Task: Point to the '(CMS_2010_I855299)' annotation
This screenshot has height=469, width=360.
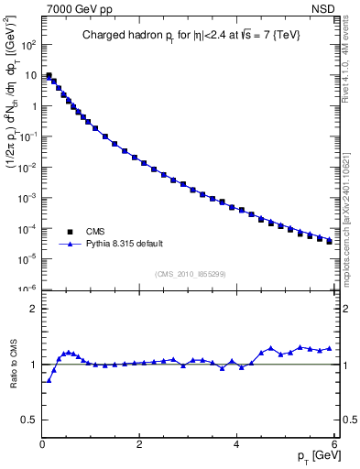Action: pos(190,274)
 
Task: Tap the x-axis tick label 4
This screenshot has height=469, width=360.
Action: pos(237,444)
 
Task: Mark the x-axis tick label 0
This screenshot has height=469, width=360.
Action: pos(43,444)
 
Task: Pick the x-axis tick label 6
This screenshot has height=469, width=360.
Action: pos(334,444)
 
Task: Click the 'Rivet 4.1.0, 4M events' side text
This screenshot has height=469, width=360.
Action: pos(349,64)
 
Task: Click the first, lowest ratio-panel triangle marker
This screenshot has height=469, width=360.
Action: pos(49,380)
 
